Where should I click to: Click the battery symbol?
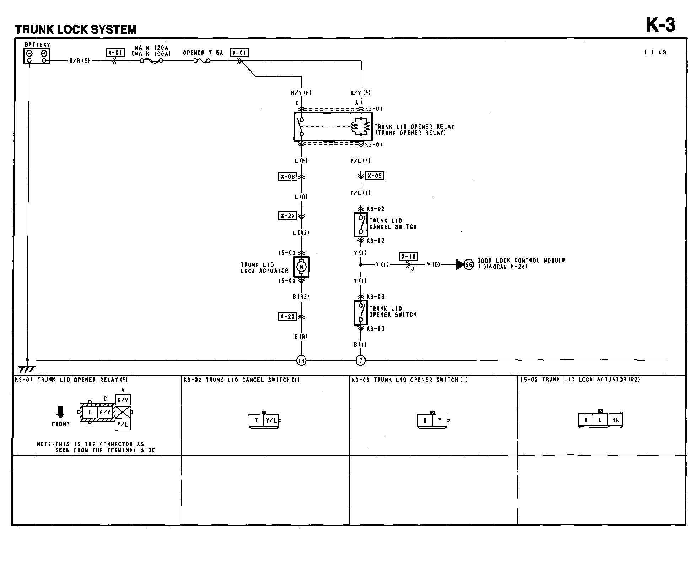click(37, 56)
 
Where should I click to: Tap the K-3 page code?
click(660, 25)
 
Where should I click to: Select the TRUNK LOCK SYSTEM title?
click(76, 30)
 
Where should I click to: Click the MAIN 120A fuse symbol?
click(151, 61)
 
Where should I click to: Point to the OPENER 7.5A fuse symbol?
click(201, 61)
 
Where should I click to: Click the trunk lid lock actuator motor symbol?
click(302, 267)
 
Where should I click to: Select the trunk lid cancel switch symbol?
click(361, 225)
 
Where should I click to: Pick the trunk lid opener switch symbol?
click(361, 313)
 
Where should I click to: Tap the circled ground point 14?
click(301, 361)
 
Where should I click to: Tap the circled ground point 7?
click(361, 361)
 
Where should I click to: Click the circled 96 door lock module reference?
click(469, 264)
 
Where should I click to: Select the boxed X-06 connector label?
click(287, 177)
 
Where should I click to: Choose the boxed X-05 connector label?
click(375, 176)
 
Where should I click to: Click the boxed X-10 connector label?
click(408, 257)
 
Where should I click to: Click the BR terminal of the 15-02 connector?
click(615, 420)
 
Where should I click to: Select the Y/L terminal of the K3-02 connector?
click(271, 420)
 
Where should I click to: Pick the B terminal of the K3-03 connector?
click(425, 420)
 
